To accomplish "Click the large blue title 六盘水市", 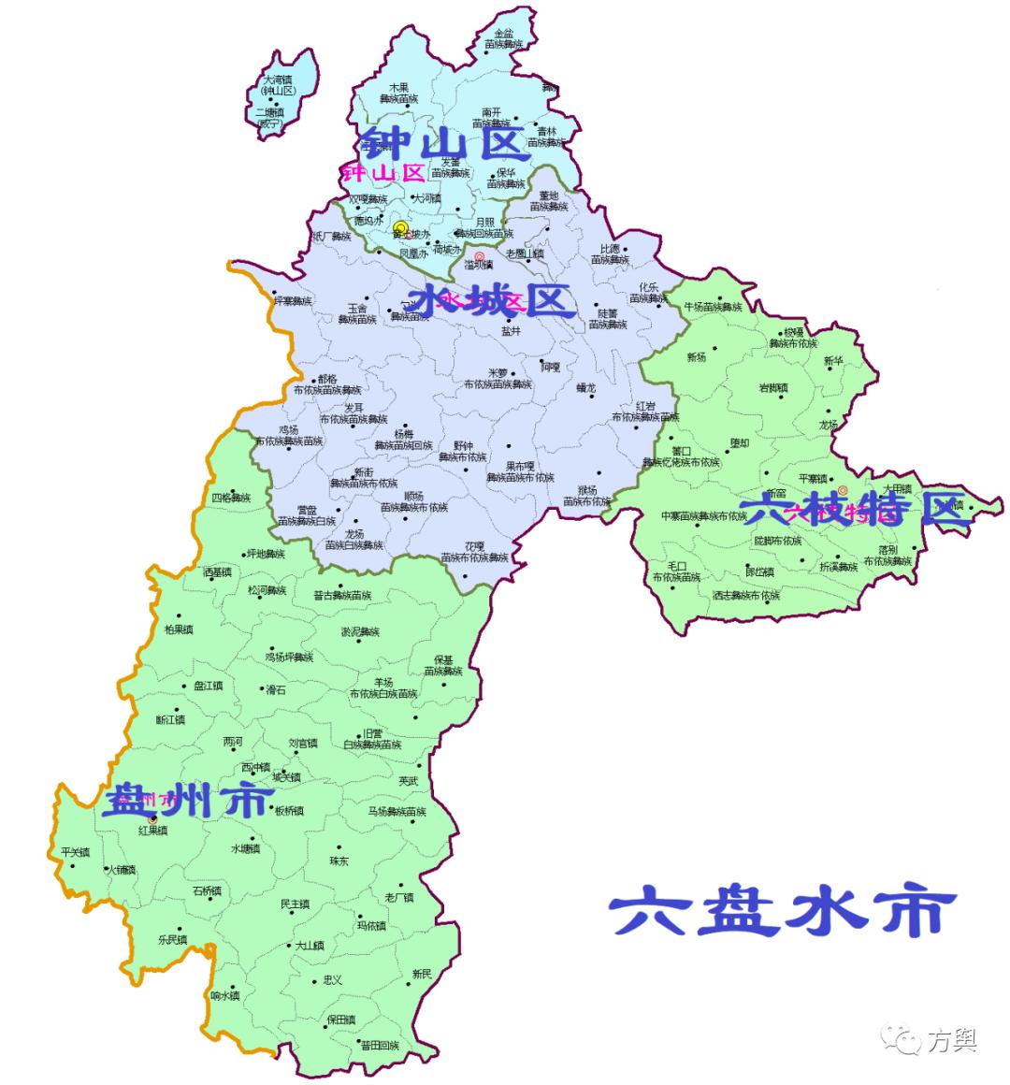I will pos(784,912).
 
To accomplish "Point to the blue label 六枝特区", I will pos(851,510).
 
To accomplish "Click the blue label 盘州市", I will pos(187,802).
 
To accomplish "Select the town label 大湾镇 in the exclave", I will pos(278,80).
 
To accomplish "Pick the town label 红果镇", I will pos(151,830).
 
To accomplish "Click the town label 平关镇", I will pos(75,852).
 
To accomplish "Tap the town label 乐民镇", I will pos(172,939).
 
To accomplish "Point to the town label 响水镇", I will pos(225,995).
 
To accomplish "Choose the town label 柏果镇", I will pos(178,629).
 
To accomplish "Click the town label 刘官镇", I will pos(303,744).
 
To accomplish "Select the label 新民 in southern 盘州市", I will pos(422,974).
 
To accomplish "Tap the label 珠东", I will pos(339,860).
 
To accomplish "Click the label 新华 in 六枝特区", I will pos(833,361).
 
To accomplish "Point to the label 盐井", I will pos(511,330).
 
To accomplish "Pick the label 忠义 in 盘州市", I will pos(332,979).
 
